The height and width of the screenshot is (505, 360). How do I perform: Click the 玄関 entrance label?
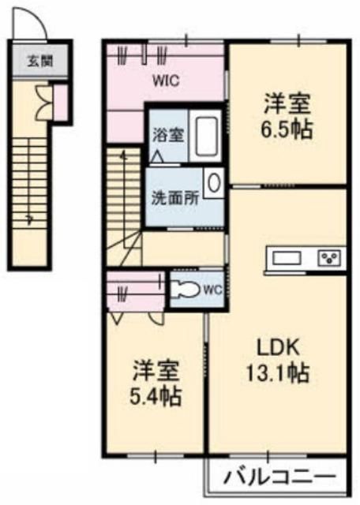pyautogui.click(x=40, y=61)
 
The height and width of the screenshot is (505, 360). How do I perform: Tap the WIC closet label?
pyautogui.click(x=167, y=80)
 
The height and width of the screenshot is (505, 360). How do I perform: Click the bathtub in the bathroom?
pyautogui.click(x=205, y=136)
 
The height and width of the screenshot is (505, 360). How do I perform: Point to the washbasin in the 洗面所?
pyautogui.click(x=214, y=183)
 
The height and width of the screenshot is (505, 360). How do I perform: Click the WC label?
pyautogui.click(x=213, y=290)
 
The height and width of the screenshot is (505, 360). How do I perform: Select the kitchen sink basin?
pyautogui.click(x=287, y=258)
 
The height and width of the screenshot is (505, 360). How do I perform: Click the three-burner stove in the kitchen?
pyautogui.click(x=329, y=258)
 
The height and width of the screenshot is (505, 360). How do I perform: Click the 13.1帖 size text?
pyautogui.click(x=278, y=373)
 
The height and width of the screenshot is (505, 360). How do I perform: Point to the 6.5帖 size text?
pyautogui.click(x=287, y=129)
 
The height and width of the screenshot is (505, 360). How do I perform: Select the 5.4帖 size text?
pyautogui.click(x=156, y=396)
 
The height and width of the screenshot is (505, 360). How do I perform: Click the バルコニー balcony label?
pyautogui.click(x=280, y=477)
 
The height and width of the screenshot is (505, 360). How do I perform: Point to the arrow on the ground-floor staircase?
pyautogui.click(x=30, y=219)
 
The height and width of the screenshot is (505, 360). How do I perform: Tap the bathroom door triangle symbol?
pyautogui.click(x=157, y=156)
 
